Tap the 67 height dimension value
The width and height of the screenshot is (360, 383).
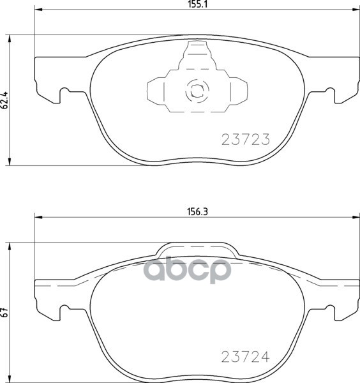coord(4,313)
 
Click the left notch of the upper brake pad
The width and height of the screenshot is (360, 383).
coord(63,94)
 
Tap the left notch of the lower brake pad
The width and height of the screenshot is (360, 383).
coord(63,310)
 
